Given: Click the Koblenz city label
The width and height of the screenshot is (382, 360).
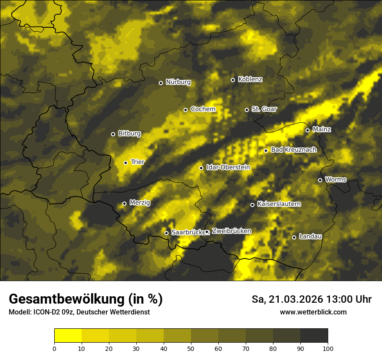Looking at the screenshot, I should pyautogui.click(x=250, y=79).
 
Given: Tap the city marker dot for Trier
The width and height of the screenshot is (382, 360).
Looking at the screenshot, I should pyautogui.click(x=126, y=163).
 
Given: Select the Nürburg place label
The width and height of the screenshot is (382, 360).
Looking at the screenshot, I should pyautogui.click(x=178, y=82).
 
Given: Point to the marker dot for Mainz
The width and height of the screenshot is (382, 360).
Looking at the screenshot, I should pyautogui.click(x=307, y=130).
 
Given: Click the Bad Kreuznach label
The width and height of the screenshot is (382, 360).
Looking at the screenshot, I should pyautogui.click(x=293, y=150).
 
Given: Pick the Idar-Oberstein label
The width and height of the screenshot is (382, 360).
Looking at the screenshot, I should pyautogui.click(x=228, y=167).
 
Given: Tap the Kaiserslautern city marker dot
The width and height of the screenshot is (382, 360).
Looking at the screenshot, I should pyautogui.click(x=252, y=205).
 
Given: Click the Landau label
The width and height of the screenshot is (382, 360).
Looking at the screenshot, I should pyautogui.click(x=310, y=236).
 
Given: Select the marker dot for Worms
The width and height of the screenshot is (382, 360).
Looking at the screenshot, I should pyautogui.click(x=320, y=180).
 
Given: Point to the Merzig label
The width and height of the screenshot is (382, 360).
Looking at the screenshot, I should pyautogui.click(x=139, y=203).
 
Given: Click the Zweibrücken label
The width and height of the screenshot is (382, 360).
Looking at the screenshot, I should pyautogui.click(x=231, y=231).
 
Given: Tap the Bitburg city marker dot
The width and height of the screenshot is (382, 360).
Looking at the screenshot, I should pyautogui.click(x=113, y=134).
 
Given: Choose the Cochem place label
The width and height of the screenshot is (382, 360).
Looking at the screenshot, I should pyautogui.click(x=203, y=109).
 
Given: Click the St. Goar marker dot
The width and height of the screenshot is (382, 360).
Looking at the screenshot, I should pyautogui.click(x=247, y=110).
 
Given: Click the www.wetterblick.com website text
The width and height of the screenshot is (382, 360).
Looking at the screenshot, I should pyautogui.click(x=313, y=312).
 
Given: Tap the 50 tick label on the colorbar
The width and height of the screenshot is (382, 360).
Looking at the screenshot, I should pyautogui.click(x=191, y=348).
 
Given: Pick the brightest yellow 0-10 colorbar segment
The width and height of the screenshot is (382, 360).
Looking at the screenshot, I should pyautogui.click(x=68, y=336).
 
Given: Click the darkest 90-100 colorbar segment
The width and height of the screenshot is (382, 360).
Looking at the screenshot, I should pyautogui.click(x=314, y=336).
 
